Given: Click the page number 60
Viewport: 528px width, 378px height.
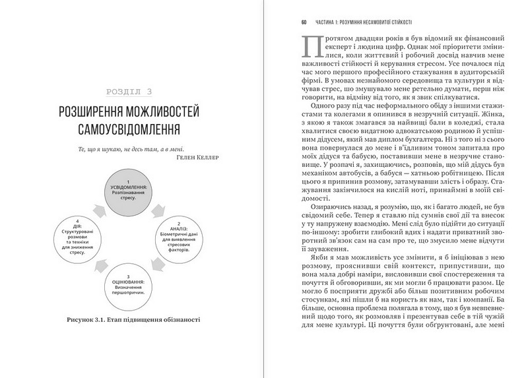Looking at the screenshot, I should click(x=304, y=20).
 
